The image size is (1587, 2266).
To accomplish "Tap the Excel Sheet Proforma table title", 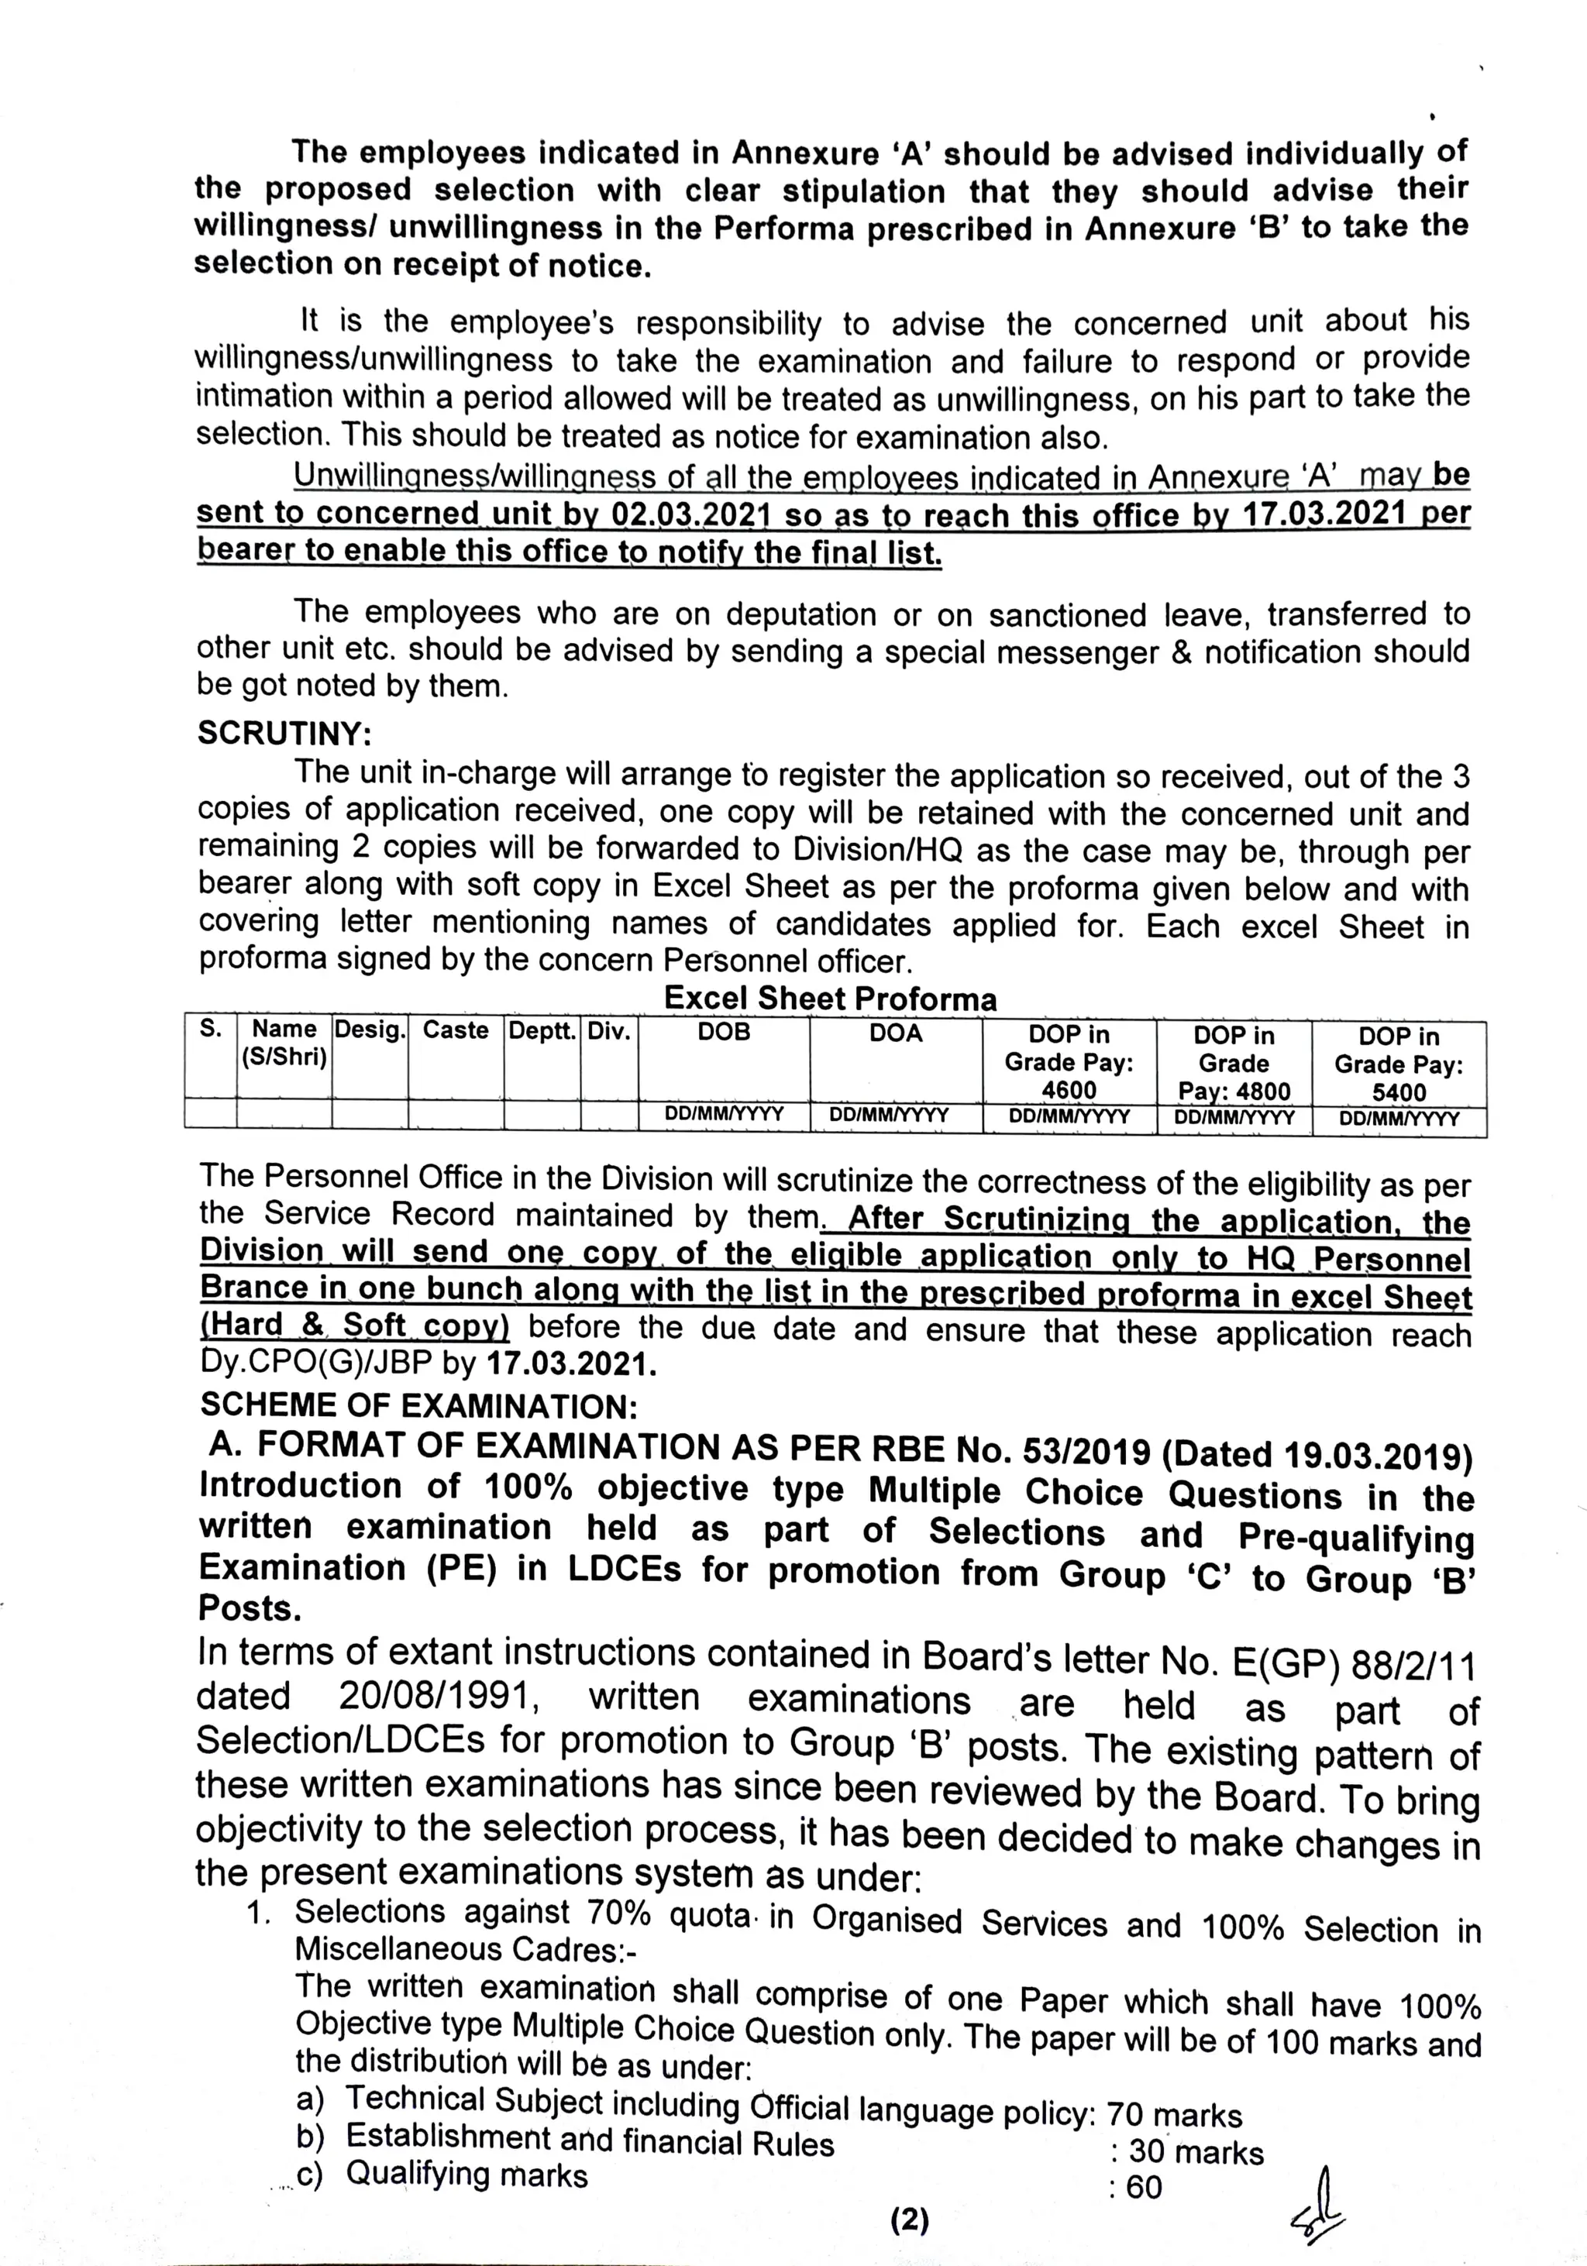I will click(x=830, y=998).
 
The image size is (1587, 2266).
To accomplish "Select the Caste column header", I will click(x=455, y=1030).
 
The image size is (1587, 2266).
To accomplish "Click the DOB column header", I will click(x=724, y=1033).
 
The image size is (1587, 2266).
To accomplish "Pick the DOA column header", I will click(x=895, y=1033).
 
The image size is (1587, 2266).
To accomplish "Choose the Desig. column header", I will click(x=370, y=1030).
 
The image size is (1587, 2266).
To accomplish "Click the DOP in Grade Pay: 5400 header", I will click(x=1399, y=1064).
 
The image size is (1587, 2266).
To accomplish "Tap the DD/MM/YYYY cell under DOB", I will click(x=724, y=1113).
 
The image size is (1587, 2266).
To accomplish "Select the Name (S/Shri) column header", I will click(x=284, y=1042).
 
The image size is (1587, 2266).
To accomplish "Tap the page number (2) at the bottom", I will click(x=909, y=2220).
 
